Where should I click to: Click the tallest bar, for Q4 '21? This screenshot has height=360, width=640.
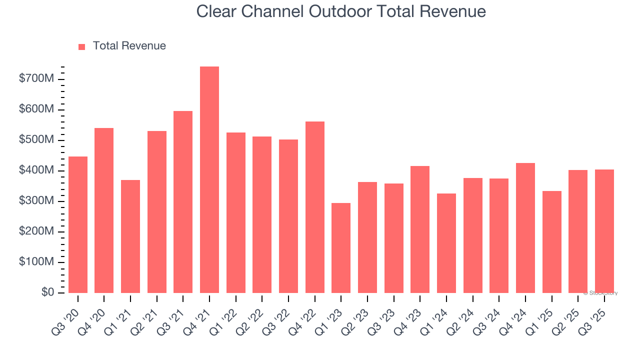pos(209,179)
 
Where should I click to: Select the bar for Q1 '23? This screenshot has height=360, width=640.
pos(341,247)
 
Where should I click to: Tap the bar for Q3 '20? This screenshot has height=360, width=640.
pos(78,224)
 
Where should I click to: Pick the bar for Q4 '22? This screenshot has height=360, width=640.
pos(314,207)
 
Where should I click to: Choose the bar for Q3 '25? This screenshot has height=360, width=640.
pos(604,231)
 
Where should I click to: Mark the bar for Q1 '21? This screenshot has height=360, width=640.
pos(130,236)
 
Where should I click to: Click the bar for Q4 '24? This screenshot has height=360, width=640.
pos(525,227)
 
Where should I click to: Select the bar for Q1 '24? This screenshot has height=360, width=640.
pos(446,243)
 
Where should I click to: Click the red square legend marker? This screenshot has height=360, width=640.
pos(82,46)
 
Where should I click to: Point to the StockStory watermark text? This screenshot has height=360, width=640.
pos(602,293)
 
